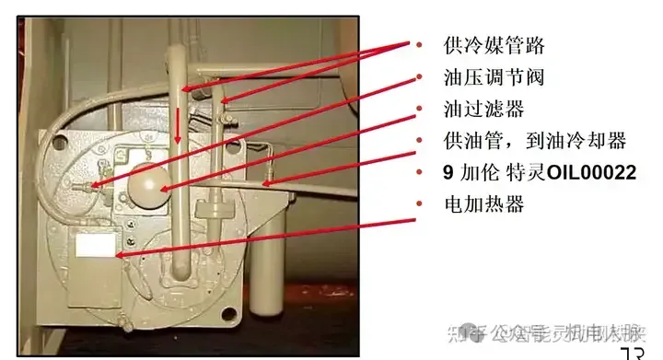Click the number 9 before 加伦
pos(448,173)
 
